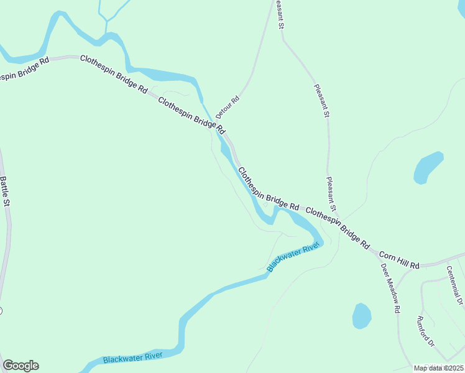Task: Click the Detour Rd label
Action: point(228,108)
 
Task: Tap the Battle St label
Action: point(5,191)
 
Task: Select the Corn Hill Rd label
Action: point(399,260)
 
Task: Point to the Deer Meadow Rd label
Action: point(390,287)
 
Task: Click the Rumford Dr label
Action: point(426,331)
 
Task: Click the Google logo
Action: point(21,366)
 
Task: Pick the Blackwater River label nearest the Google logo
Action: point(133,358)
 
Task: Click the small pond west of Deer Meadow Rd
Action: point(362,316)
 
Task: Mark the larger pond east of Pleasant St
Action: point(428,167)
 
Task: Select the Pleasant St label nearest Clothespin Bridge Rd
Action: point(332,194)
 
